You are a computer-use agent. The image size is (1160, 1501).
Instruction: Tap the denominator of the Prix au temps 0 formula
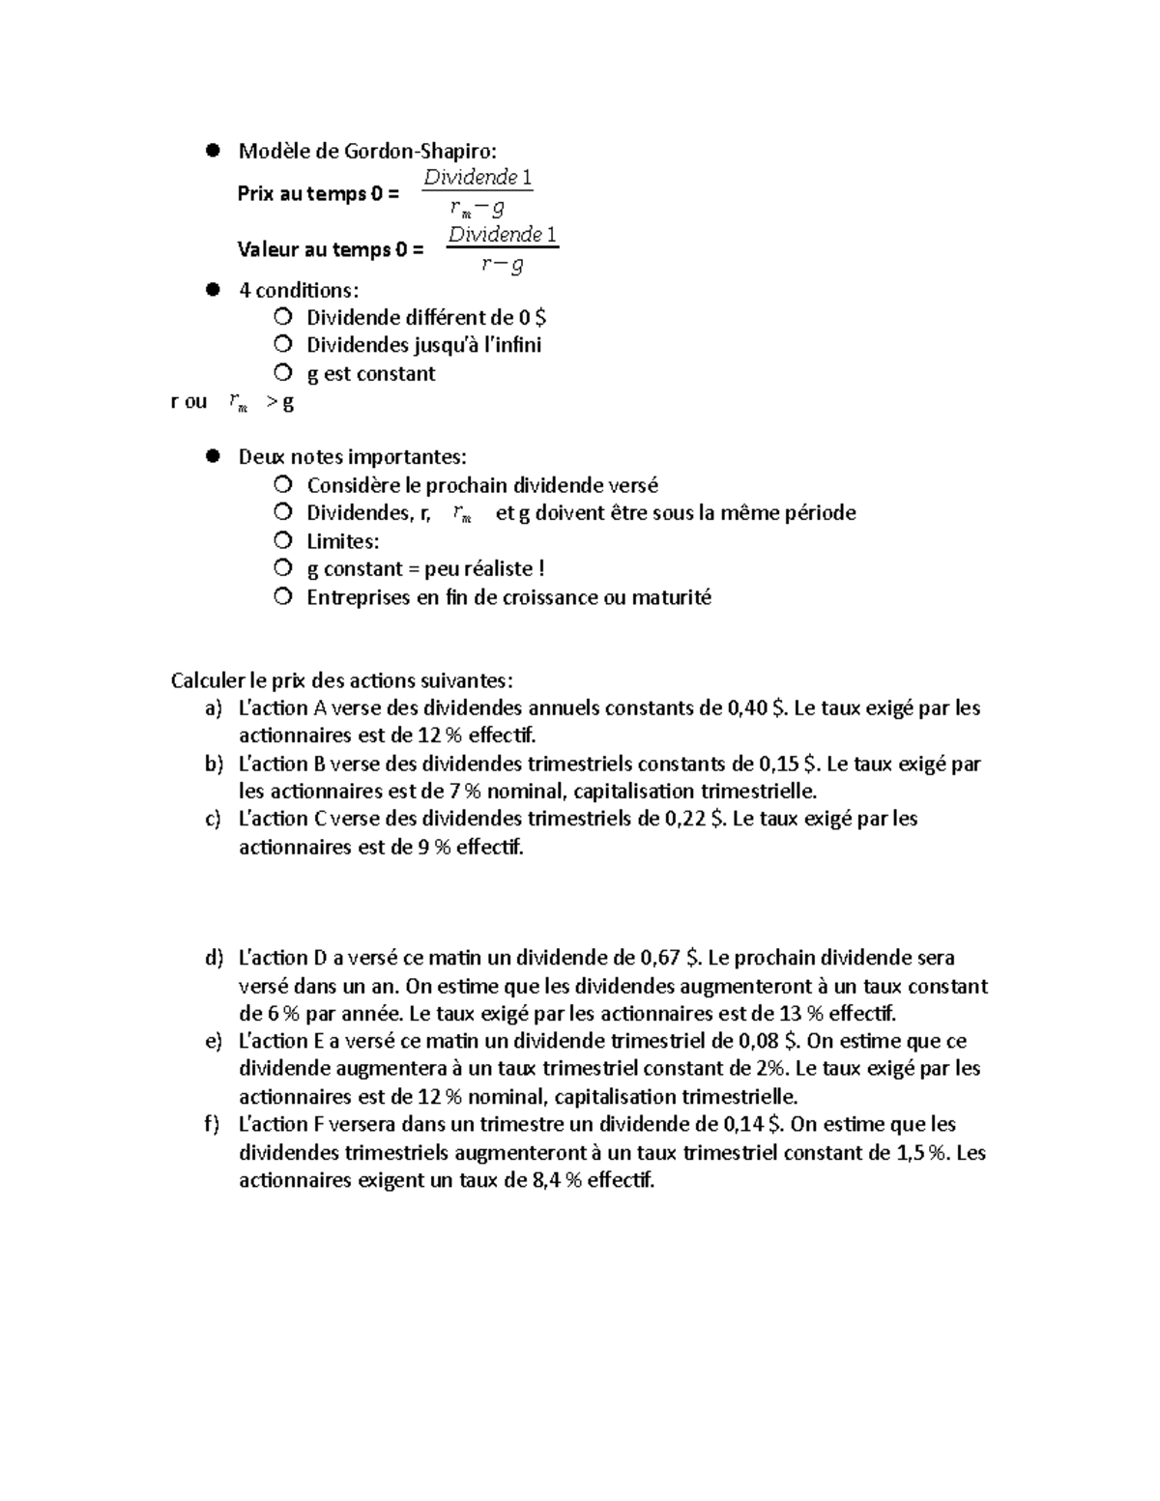(x=478, y=207)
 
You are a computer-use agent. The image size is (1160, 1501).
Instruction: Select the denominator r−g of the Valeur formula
(x=503, y=263)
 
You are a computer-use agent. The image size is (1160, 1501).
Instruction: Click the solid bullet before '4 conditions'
(x=213, y=289)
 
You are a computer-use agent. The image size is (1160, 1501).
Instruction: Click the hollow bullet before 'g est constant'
(x=282, y=372)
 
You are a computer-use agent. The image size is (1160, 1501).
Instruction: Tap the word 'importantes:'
(x=407, y=456)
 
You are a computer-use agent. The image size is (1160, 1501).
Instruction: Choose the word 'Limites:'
(x=343, y=541)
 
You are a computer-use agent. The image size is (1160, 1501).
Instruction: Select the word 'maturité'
(x=671, y=597)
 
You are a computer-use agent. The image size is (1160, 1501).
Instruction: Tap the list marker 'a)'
(x=214, y=708)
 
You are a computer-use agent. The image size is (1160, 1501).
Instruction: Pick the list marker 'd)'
(x=214, y=959)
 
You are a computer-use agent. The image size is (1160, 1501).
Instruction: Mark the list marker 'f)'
(x=214, y=1125)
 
